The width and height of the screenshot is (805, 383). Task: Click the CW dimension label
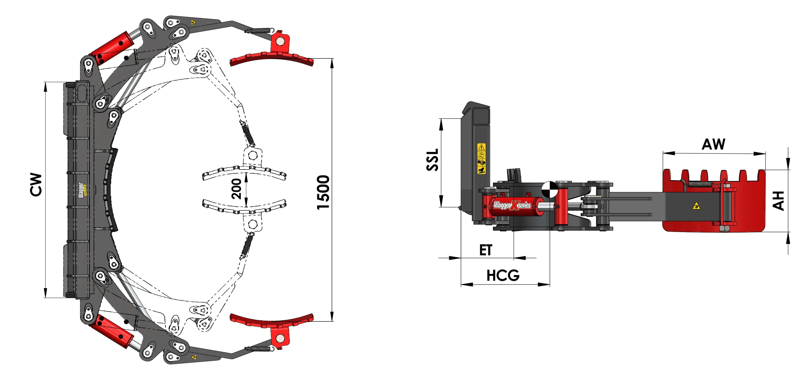(36, 184)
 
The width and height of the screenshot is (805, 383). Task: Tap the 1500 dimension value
(323, 192)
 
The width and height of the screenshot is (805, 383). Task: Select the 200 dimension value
(236, 189)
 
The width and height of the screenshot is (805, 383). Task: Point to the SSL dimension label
(433, 160)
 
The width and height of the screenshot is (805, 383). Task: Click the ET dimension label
(486, 250)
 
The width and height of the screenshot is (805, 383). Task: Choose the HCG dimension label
(503, 276)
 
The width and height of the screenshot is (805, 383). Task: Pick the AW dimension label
(713, 145)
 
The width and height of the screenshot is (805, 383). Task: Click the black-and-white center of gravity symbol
(550, 189)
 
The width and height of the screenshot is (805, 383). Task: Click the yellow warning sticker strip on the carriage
(481, 159)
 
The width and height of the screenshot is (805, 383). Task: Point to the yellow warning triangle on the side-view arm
(697, 206)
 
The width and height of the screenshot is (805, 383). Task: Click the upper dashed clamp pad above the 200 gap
(244, 172)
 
